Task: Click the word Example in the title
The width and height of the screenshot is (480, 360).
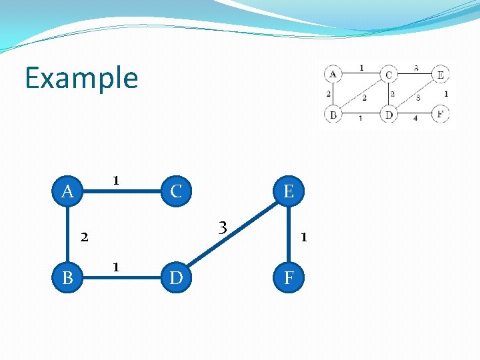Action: click(x=81, y=78)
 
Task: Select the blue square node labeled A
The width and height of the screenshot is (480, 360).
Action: click(x=67, y=192)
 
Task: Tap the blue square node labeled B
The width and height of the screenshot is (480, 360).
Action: click(x=67, y=277)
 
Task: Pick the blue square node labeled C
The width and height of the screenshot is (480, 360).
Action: click(x=176, y=192)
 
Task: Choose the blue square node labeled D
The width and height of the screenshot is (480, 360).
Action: click(x=176, y=277)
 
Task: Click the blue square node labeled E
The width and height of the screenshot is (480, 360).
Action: click(x=288, y=192)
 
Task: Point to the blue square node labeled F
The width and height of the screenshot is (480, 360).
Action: click(x=288, y=277)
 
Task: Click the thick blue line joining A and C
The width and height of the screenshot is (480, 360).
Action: click(x=121, y=193)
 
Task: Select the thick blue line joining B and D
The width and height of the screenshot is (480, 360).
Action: click(x=121, y=277)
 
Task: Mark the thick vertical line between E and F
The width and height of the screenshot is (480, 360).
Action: click(x=288, y=234)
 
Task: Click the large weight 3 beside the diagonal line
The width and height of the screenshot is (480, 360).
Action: click(x=224, y=228)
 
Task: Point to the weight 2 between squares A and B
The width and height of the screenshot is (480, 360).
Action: click(x=84, y=236)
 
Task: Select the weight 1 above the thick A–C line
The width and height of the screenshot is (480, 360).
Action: click(x=116, y=180)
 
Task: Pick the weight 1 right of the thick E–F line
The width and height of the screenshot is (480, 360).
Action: click(x=303, y=236)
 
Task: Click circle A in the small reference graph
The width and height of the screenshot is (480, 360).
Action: click(x=333, y=73)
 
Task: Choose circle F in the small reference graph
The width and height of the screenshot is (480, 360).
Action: click(x=440, y=114)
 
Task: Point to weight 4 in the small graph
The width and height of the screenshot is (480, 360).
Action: click(x=415, y=119)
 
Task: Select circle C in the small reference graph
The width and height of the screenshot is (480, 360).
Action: click(x=388, y=74)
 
